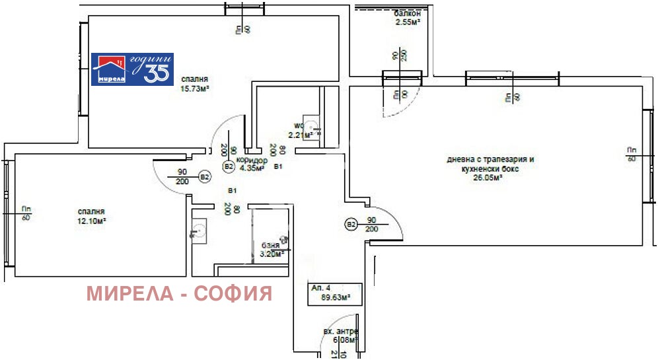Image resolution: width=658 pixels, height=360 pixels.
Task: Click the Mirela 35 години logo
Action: click(131, 69)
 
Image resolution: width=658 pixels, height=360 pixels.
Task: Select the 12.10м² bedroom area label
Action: click(91, 221)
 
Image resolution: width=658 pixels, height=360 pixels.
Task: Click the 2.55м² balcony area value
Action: click(408, 22)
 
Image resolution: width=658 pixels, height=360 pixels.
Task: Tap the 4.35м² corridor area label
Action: click(253, 168)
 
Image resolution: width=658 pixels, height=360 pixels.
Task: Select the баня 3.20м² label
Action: click(270, 248)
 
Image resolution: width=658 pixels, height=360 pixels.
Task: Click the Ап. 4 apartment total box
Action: click(335, 293)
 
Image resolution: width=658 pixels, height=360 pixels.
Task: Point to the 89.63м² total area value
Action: click(336, 297)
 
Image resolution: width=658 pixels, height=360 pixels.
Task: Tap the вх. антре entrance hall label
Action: click(340, 331)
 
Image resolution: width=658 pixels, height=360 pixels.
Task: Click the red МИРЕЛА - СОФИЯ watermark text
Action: click(179, 293)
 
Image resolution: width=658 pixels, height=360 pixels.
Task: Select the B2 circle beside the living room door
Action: click(350, 225)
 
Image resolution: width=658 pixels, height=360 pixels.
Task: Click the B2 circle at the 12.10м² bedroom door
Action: click(205, 177)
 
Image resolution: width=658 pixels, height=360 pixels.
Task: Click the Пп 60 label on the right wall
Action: click(632, 155)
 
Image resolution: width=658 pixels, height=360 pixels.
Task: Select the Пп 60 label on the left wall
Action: click(26, 213)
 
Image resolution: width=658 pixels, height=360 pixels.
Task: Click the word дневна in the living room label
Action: click(461, 159)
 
